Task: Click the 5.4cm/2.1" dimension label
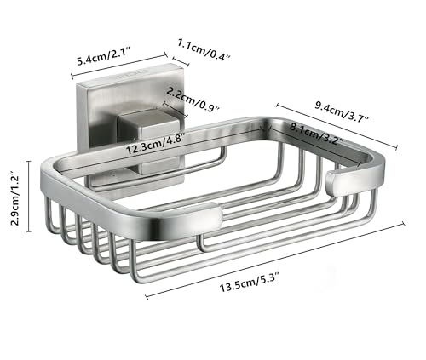[103, 56]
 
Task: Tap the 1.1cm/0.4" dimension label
[204, 50]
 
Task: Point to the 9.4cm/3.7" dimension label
[342, 110]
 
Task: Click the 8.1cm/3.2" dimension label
[317, 134]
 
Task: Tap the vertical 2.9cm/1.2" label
[14, 198]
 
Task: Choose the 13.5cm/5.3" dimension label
[250, 282]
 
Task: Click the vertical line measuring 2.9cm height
[29, 197]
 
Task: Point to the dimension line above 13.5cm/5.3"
[275, 260]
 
